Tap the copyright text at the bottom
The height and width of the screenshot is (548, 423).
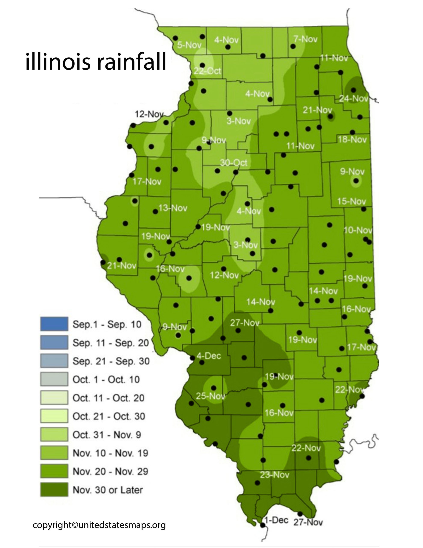(99, 525)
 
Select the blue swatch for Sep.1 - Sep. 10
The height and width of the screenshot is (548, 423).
(54, 324)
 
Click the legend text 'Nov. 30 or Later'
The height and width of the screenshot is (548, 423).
(108, 490)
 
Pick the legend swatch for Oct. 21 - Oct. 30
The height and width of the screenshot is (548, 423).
(54, 416)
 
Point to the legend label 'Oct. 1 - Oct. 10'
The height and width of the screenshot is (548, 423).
(106, 379)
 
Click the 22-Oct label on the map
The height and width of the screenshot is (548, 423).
(207, 71)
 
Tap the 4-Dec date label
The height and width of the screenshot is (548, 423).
(209, 356)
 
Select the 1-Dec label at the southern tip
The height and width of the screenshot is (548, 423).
(276, 520)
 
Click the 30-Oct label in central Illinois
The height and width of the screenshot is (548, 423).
(234, 163)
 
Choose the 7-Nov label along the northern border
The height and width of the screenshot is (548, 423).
(305, 39)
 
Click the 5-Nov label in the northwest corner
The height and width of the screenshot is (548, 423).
(189, 45)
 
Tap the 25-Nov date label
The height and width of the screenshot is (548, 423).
(210, 396)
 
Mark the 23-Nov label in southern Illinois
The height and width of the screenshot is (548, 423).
(275, 475)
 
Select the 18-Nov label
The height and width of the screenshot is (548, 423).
(352, 140)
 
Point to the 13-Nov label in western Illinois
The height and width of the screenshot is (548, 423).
(173, 208)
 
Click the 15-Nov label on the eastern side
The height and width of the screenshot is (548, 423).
(352, 201)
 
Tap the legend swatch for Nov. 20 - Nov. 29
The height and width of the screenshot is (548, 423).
(54, 471)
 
